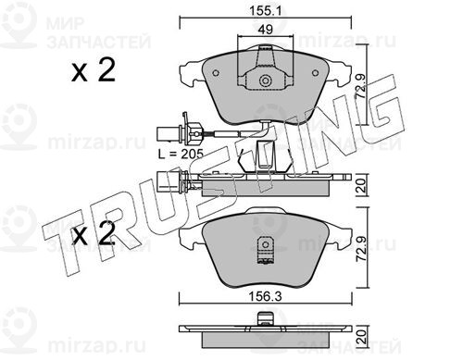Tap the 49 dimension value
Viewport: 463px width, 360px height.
tap(266, 30)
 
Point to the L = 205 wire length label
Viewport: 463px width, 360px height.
tap(181, 154)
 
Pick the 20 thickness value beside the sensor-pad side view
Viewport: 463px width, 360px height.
tap(361, 186)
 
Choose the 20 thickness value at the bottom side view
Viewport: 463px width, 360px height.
tap(361, 336)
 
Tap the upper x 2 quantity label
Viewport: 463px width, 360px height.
tap(94, 70)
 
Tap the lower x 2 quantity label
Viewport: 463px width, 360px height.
tap(94, 233)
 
